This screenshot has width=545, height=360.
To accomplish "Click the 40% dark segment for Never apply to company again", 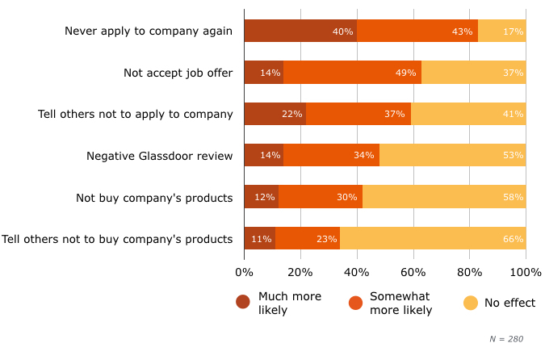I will tap(300, 31).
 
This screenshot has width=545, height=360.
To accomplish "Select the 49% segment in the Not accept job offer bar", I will tap(352, 73).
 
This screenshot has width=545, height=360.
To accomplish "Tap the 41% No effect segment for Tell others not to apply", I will tap(468, 114).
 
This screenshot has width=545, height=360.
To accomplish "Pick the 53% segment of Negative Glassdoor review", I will tap(452, 155).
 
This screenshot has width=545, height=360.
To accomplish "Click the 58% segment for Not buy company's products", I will tap(444, 197).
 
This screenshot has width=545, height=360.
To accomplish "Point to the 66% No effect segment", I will tap(433, 238).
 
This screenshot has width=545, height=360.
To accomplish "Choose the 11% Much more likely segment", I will tap(259, 238).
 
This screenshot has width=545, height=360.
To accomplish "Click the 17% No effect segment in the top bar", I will tap(502, 31).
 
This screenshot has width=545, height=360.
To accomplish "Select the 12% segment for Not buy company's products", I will tap(261, 197).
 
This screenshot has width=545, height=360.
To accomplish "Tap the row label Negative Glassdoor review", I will tap(159, 156).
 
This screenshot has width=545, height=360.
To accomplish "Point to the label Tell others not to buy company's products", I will tap(118, 239).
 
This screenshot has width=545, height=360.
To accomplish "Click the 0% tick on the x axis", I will tap(244, 273).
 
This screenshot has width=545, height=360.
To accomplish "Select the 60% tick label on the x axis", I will tap(413, 273).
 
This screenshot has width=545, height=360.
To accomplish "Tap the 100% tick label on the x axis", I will tap(526, 273).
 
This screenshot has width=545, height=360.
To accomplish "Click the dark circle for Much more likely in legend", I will tap(243, 303).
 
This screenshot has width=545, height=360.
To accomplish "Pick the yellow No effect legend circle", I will tap(471, 303).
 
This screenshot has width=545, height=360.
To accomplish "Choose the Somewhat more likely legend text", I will tap(400, 303).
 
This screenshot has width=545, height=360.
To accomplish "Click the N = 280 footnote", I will tap(506, 339).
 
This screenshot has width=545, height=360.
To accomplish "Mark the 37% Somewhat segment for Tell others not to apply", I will tap(358, 114).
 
